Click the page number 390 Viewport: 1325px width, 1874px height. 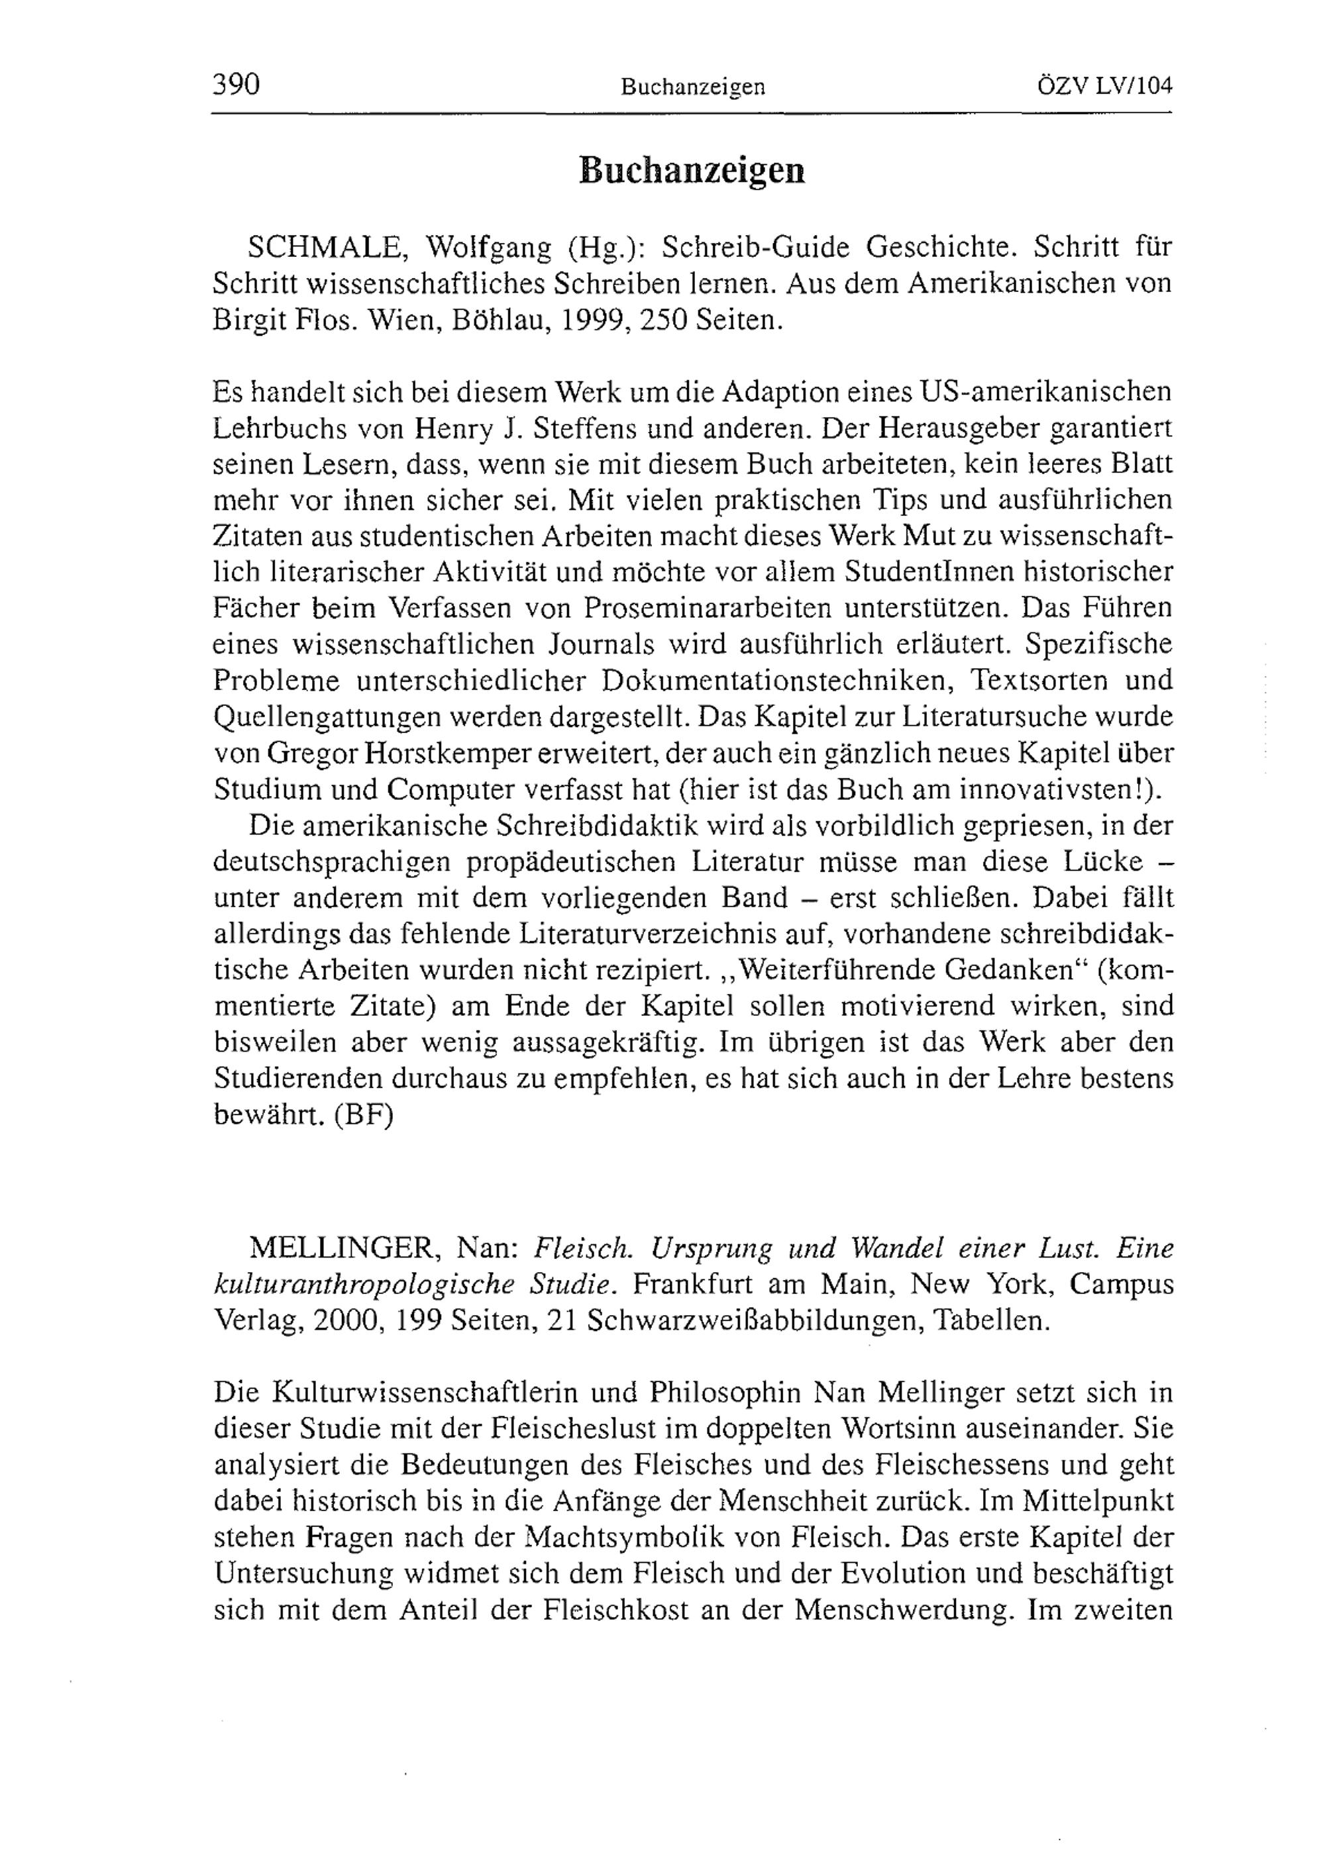coord(236,84)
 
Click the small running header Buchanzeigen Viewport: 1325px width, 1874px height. coord(692,87)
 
